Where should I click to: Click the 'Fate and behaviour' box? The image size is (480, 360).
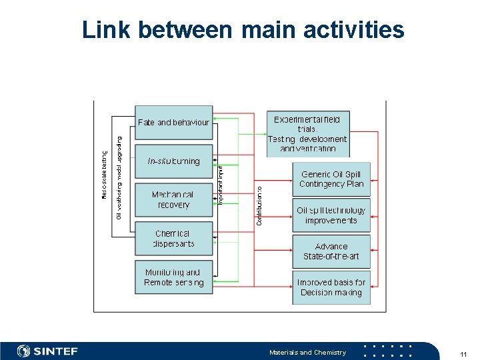tap(173, 123)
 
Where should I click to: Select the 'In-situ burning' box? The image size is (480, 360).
tap(173, 161)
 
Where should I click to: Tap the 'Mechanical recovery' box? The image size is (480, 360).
tap(173, 200)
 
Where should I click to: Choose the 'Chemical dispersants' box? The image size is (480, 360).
tap(173, 239)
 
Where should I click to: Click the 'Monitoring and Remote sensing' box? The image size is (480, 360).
tap(173, 277)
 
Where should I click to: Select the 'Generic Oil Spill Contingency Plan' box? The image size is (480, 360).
tap(331, 179)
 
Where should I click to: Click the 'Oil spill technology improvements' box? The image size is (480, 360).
tap(331, 215)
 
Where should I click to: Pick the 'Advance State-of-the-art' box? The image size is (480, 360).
tap(331, 251)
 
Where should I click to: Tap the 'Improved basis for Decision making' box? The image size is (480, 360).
tap(331, 287)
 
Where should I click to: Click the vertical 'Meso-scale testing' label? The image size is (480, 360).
tap(104, 175)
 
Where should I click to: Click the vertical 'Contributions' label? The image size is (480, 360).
tap(259, 205)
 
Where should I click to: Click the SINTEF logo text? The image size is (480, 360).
tap(57, 351)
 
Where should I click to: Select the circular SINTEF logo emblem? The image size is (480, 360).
tap(24, 351)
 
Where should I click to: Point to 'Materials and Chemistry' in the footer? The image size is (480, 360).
tap(307, 352)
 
